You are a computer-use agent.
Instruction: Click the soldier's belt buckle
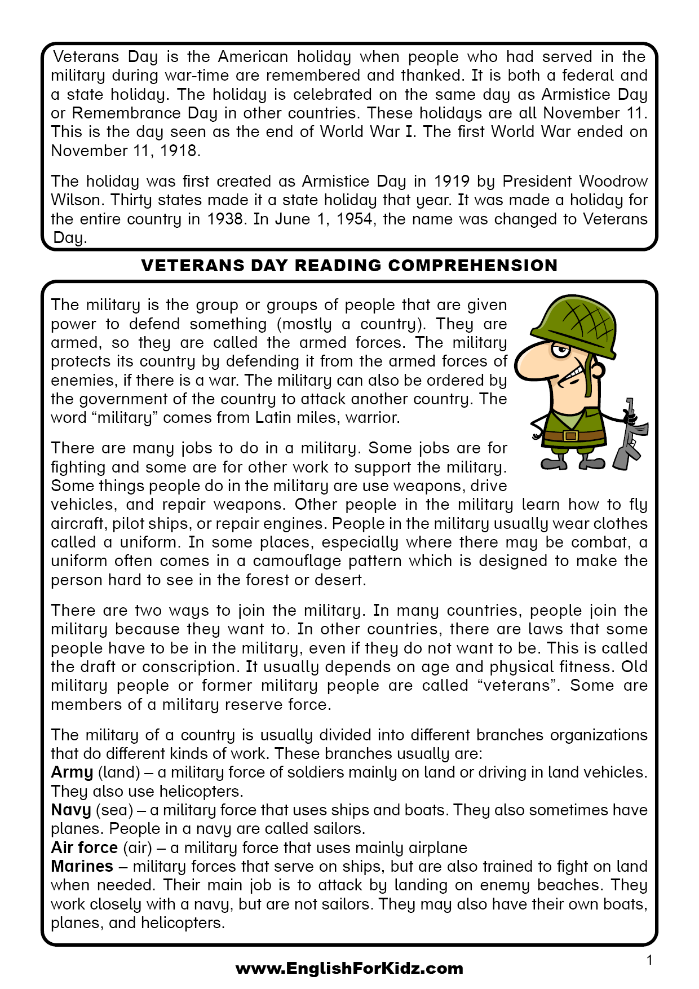[x=570, y=436]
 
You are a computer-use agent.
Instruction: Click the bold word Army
[x=72, y=772]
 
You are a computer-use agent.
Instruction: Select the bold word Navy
[x=70, y=810]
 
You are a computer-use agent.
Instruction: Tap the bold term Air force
[x=84, y=847]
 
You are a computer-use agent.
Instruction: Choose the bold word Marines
[x=82, y=866]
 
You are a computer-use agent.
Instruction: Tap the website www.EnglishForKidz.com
[x=349, y=969]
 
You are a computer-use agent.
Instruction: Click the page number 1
[x=649, y=960]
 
